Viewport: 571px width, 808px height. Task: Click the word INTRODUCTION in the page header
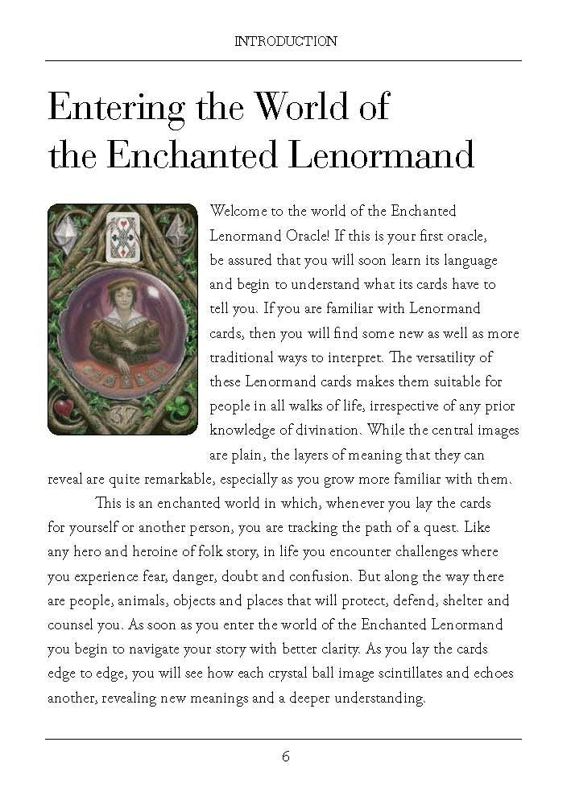click(285, 41)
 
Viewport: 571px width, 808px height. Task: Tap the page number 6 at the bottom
click(285, 756)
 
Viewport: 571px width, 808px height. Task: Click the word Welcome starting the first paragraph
click(238, 212)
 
